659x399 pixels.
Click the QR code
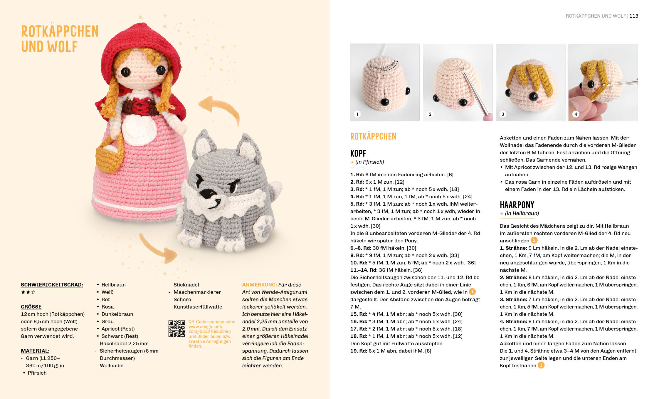(x=176, y=328)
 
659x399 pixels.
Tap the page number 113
(x=634, y=16)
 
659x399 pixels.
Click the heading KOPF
(x=358, y=153)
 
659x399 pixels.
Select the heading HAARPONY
(x=517, y=205)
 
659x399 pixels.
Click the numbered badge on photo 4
(x=576, y=114)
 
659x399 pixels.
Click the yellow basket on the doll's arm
(x=109, y=157)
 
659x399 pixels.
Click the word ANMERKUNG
(x=259, y=285)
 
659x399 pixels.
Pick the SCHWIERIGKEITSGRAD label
(x=52, y=285)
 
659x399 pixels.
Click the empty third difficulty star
(x=33, y=292)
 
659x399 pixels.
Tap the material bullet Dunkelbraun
(x=117, y=314)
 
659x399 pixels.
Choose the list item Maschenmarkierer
(x=197, y=292)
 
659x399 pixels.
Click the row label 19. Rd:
(x=358, y=351)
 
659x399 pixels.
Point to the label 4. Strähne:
(x=513, y=321)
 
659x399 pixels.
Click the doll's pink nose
(x=143, y=78)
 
